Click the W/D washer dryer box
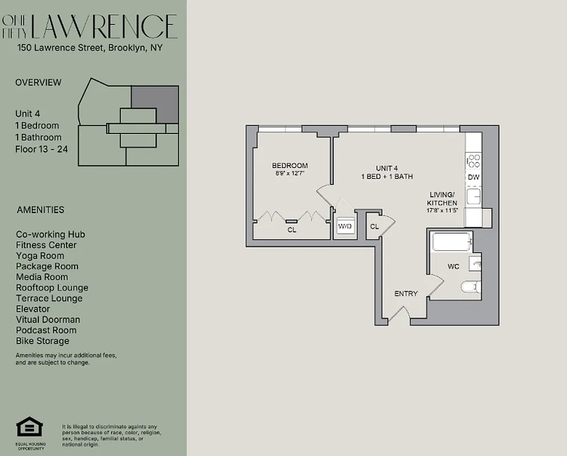tap(345, 226)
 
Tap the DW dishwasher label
tap(474, 177)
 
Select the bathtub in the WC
tap(452, 242)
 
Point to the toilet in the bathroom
tap(471, 286)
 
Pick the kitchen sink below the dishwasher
tap(474, 197)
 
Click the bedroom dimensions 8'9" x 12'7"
tap(289, 174)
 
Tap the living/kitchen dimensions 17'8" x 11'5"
tap(442, 210)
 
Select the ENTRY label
tap(406, 294)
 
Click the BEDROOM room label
tap(289, 166)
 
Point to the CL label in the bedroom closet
tap(291, 230)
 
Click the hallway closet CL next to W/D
tap(374, 226)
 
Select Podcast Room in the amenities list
tap(46, 330)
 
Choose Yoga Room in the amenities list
tap(40, 255)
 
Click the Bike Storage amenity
tap(43, 341)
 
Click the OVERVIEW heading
tap(38, 82)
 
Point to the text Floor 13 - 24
tap(41, 149)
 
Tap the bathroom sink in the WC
tap(475, 264)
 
